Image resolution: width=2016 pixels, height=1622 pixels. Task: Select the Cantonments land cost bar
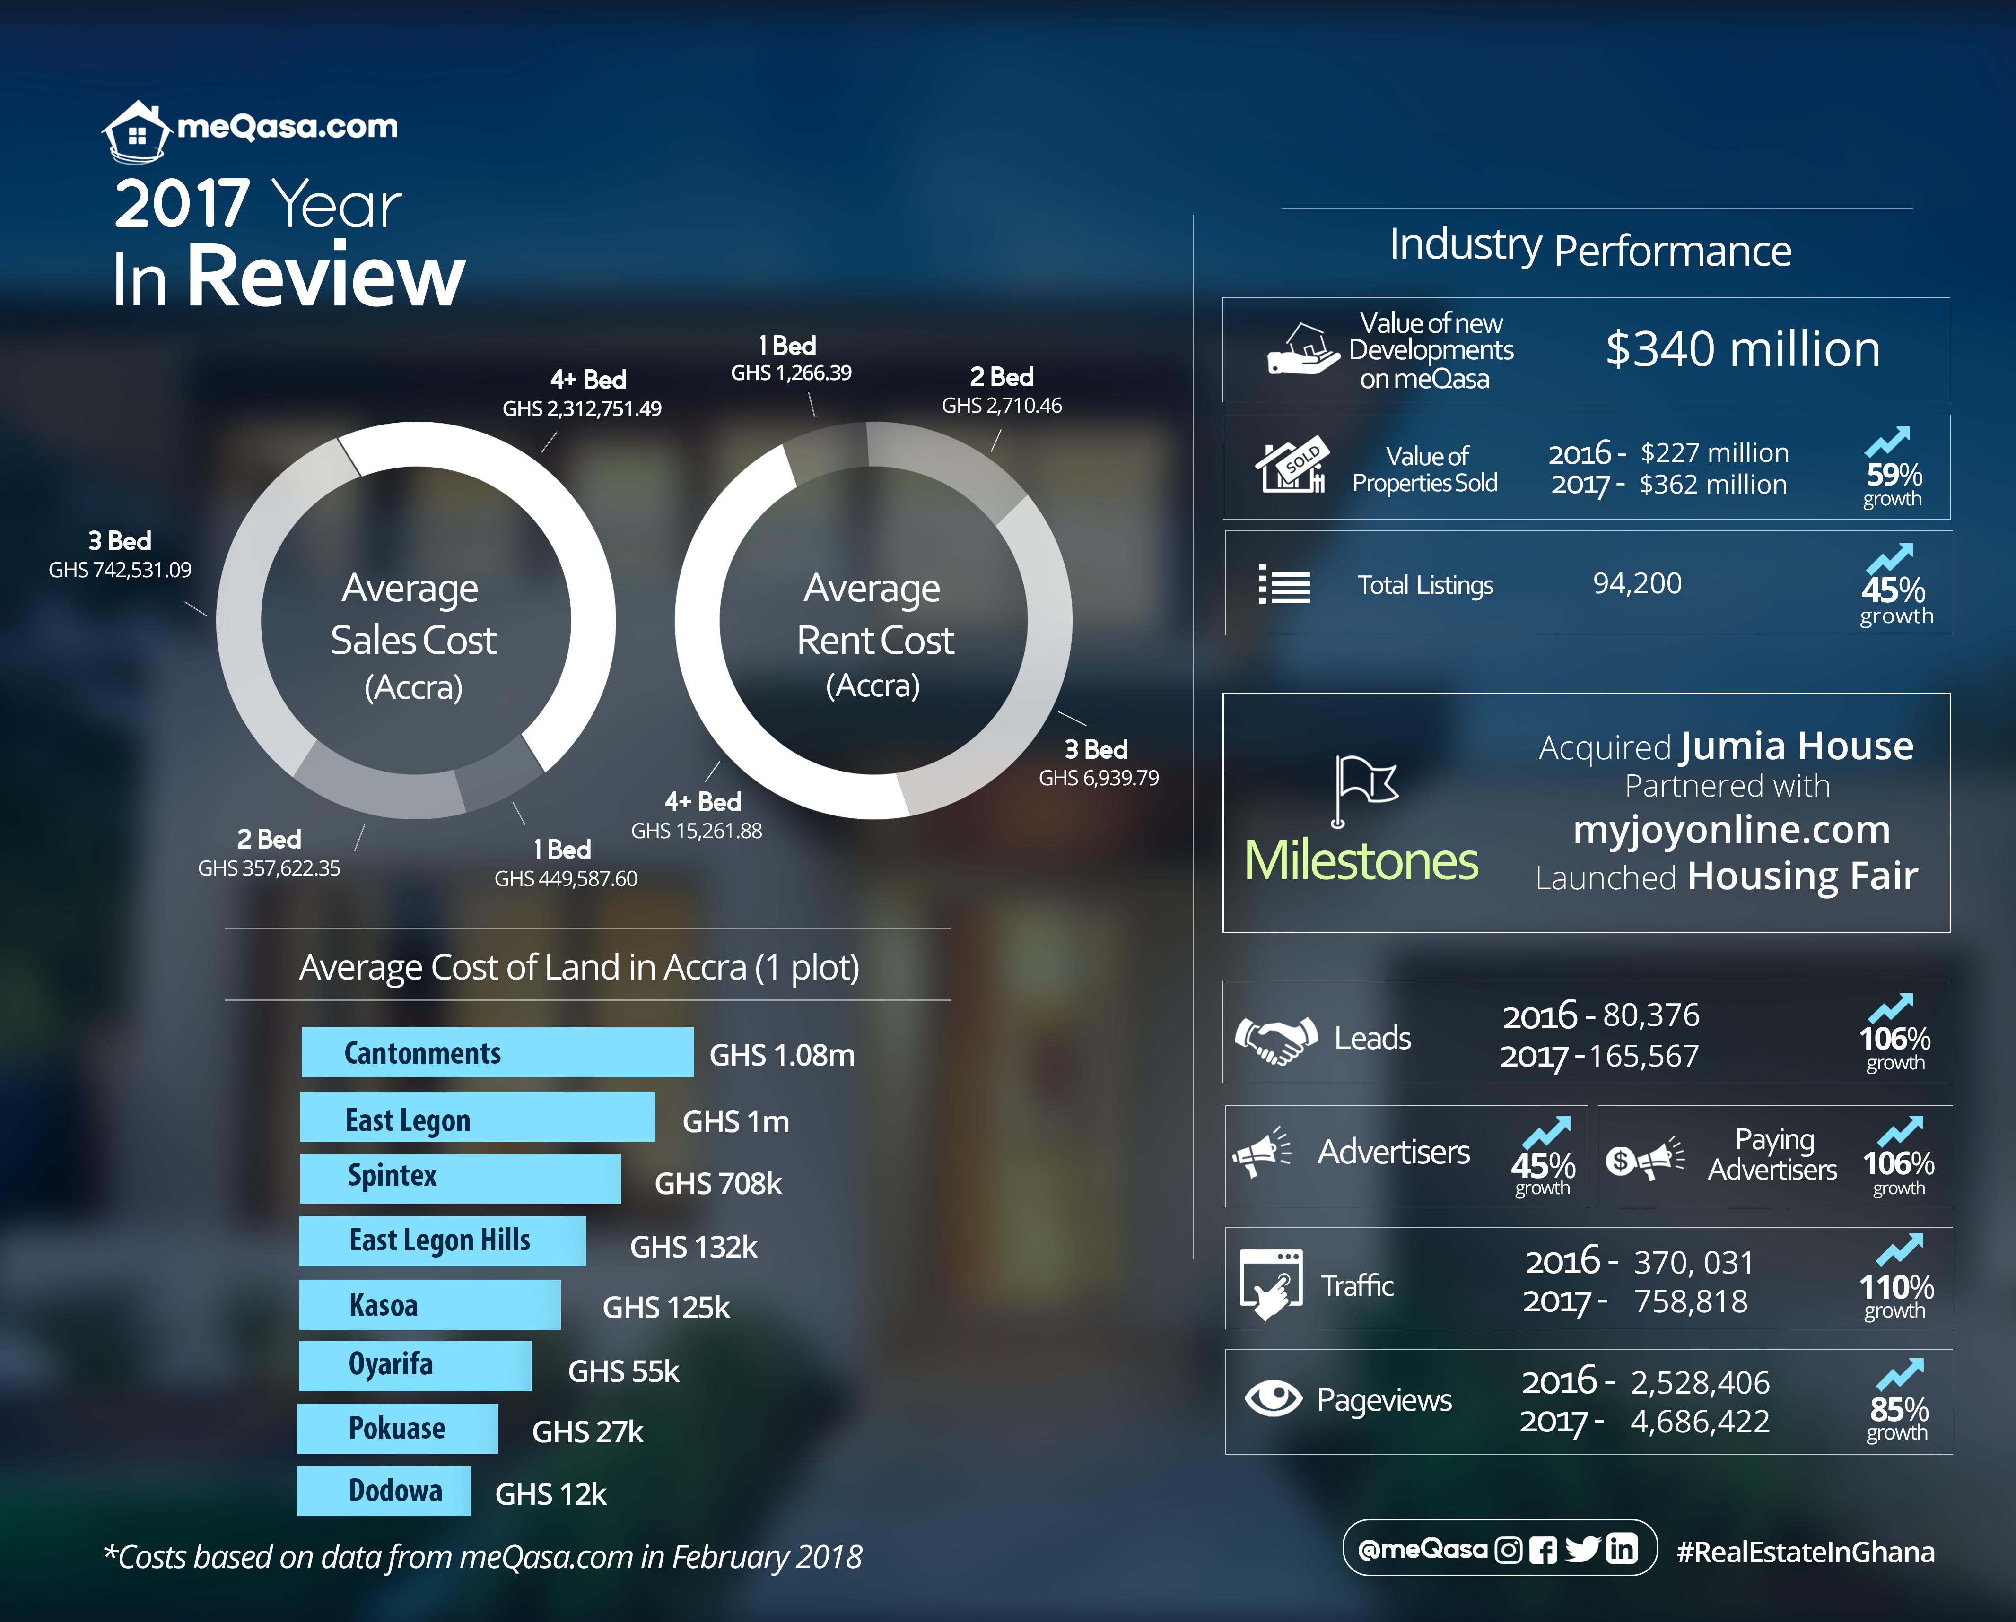coord(497,1053)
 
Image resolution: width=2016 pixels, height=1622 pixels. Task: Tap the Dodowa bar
coord(384,1490)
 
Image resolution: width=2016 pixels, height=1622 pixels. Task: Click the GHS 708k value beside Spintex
coord(717,1184)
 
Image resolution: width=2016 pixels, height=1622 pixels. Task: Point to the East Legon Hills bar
coord(442,1240)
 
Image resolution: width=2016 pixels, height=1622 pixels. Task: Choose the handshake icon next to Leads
coord(1275,1038)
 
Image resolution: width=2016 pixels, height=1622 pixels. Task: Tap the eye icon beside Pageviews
coord(1273,1398)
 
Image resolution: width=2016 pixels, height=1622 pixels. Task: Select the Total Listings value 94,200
coord(1636,583)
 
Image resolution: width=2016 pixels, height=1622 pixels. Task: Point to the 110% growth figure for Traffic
coord(1895,1287)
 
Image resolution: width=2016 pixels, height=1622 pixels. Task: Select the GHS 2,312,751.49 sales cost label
coord(582,408)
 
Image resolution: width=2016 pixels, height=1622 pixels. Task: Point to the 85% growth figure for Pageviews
coord(1898,1409)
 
